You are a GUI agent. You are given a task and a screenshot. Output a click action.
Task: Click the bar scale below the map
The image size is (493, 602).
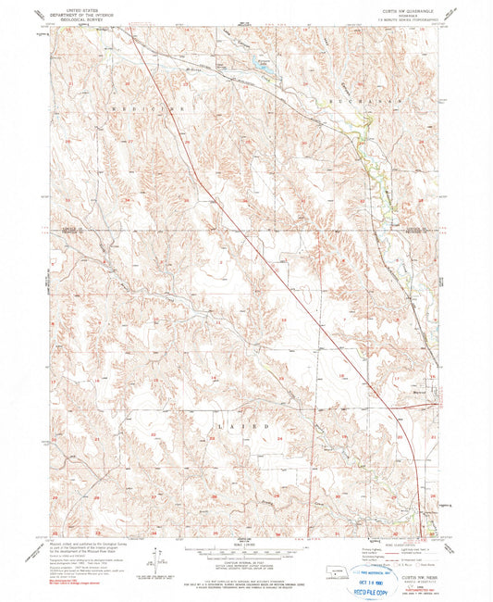[243, 545]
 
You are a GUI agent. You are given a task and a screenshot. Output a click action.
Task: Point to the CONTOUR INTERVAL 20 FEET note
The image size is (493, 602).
[243, 556]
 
